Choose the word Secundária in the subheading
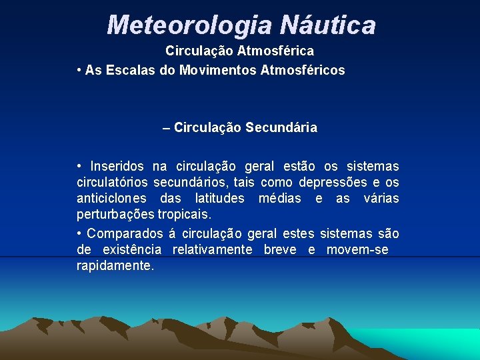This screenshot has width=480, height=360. pyautogui.click(x=281, y=127)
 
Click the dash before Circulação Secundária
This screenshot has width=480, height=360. pyautogui.click(x=166, y=127)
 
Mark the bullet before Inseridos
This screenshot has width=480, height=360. pyautogui.click(x=79, y=166)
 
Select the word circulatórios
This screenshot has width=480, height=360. pyautogui.click(x=112, y=182)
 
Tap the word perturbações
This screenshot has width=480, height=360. pyautogui.click(x=115, y=215)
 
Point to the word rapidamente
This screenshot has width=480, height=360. pyautogui.click(x=115, y=265)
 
